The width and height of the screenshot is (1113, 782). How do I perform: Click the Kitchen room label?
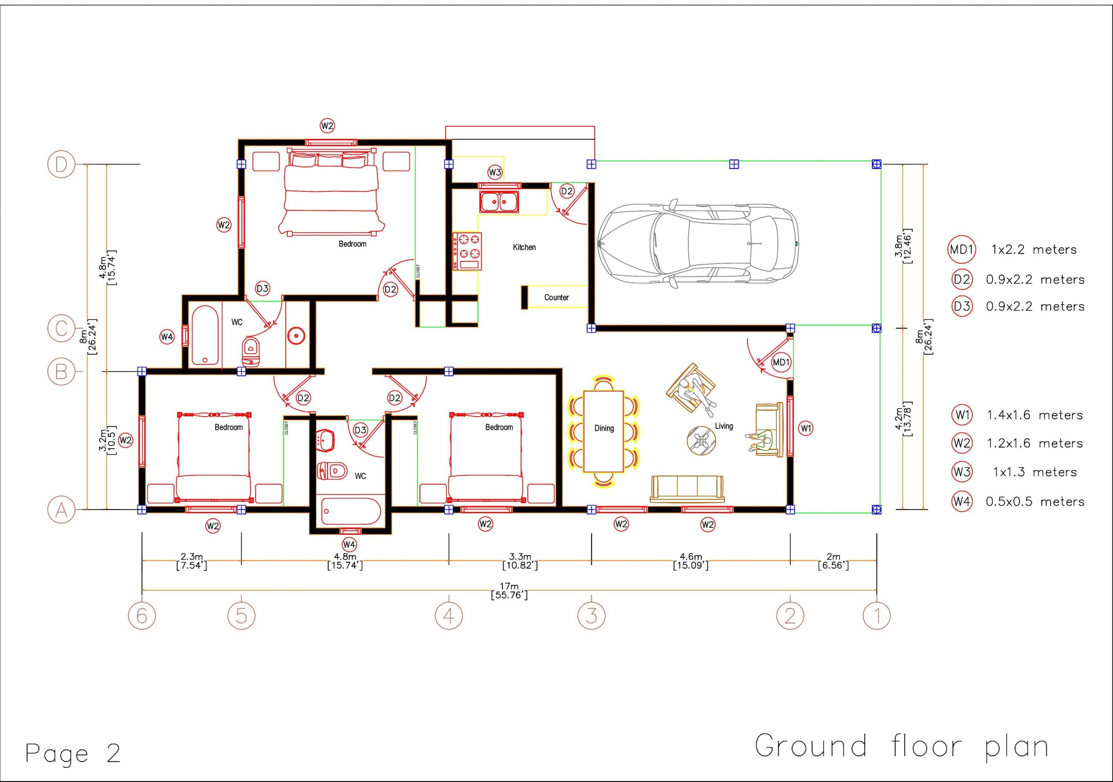524,247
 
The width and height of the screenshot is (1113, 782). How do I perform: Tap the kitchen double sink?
499,202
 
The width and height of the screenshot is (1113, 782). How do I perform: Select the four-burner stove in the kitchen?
467,252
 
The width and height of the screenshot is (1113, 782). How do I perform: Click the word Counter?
556,298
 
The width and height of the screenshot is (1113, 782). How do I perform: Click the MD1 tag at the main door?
781,362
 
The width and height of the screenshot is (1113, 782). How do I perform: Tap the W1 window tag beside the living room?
806,428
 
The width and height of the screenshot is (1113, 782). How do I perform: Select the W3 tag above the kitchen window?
495,172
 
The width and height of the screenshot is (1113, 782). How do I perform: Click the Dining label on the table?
604,428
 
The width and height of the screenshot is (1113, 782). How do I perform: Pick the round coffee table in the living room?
701,441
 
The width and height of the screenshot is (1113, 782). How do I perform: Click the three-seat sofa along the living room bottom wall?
687,489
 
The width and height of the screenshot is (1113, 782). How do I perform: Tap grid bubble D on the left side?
61,165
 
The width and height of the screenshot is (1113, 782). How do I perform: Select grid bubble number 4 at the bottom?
449,616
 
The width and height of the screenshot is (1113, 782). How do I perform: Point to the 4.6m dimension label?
691,557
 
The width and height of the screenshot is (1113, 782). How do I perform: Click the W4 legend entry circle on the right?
962,501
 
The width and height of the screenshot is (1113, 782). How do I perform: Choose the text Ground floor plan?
902,747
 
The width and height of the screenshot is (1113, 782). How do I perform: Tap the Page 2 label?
73,754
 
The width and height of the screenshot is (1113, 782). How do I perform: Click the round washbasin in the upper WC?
295,335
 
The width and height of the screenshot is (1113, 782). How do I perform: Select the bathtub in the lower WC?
350,511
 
